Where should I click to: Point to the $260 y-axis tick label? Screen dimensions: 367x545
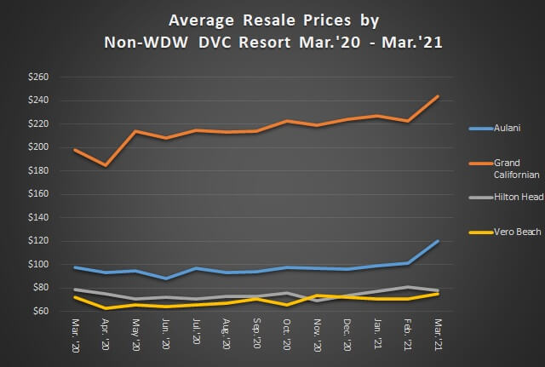click(38, 77)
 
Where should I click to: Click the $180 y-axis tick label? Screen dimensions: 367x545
click(38, 170)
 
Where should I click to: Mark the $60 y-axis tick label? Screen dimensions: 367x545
click(40, 311)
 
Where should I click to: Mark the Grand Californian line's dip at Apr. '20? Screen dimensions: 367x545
click(106, 165)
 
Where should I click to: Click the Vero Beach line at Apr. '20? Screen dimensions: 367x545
click(106, 307)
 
